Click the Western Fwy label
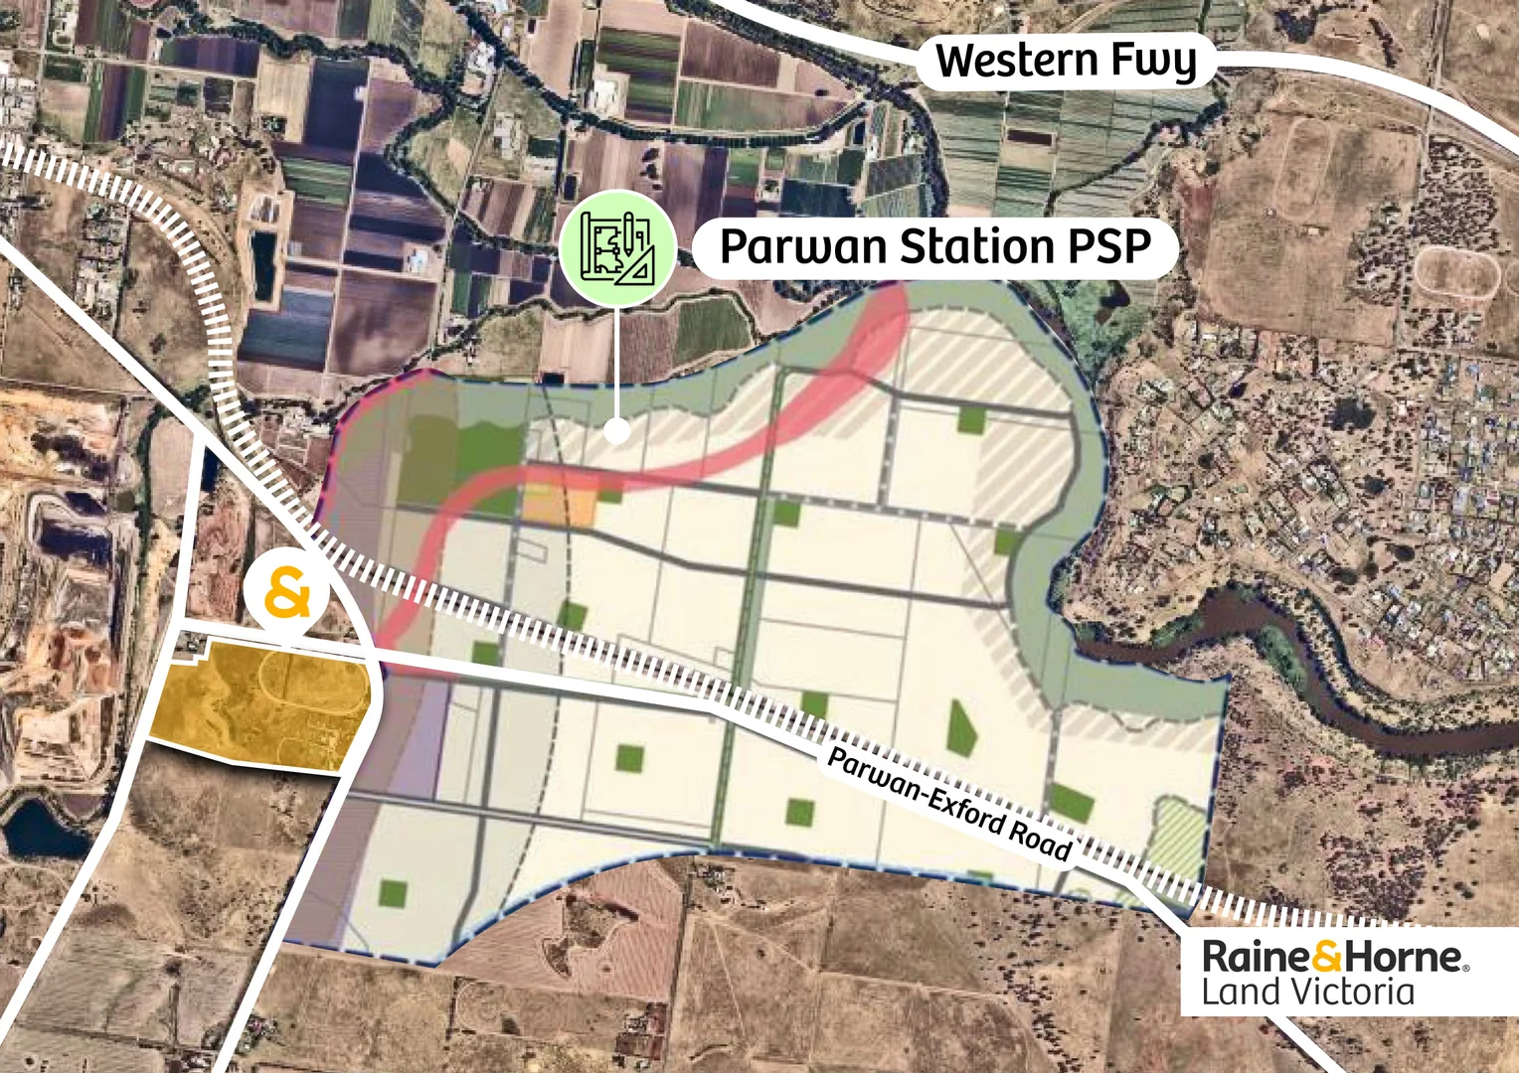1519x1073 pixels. coord(1067,62)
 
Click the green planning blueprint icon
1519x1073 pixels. coord(617,247)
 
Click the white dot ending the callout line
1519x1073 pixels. coord(617,431)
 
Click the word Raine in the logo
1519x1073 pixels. coord(1256,958)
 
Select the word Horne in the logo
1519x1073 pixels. coord(1403,958)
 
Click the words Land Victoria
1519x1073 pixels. coord(1307,993)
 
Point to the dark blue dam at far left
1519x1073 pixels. coord(40,831)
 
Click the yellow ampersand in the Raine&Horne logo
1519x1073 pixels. coord(1327,958)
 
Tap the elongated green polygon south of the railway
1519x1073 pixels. coord(960,727)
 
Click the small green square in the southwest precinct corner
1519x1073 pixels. coord(393,892)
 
